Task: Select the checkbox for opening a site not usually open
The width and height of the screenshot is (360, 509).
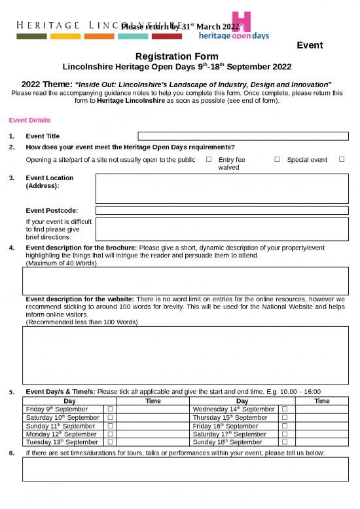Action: coord(208,160)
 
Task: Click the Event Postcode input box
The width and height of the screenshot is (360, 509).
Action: coord(221,210)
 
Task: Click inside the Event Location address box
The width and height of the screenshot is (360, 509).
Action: coord(221,189)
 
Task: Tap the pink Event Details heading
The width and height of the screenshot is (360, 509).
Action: coord(29,121)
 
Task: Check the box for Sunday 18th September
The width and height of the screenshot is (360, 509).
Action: coord(285,442)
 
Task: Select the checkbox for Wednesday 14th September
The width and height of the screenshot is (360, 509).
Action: coord(285,409)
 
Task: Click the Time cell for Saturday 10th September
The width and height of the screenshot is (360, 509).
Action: coord(153,417)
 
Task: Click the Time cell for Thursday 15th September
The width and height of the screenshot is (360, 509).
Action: coord(322,417)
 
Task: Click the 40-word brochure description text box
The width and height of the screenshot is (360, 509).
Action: coord(185,281)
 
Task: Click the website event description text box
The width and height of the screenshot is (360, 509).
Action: coord(185,354)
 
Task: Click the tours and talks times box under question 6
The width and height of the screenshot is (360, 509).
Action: coord(185,469)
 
